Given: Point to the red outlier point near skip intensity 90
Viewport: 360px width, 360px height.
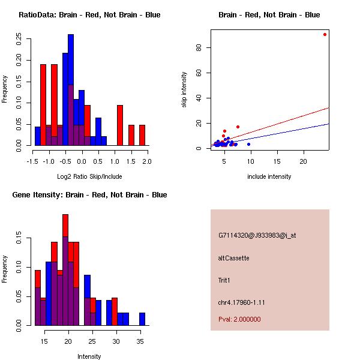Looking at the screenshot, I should pos(325,34).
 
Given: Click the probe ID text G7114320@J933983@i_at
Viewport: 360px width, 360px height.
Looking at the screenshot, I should pos(257,235).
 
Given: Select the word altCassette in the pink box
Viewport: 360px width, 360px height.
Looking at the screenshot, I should pos(233,258).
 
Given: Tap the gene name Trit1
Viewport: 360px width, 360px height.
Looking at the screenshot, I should pos(225,280).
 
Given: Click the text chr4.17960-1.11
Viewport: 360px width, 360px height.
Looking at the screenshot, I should pos(241,302).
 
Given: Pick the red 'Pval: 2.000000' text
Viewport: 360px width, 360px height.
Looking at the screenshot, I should pos(239,319).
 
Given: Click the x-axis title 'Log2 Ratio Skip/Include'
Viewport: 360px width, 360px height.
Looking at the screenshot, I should pos(89,176).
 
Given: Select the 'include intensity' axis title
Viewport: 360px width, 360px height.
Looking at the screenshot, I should pos(269,176).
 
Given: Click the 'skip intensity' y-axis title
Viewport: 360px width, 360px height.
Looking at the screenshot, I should pos(184,90).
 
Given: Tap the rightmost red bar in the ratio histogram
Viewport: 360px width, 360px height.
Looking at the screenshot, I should pos(142,135).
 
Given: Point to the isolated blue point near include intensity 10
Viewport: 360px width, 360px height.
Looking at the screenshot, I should pos(248,145).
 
